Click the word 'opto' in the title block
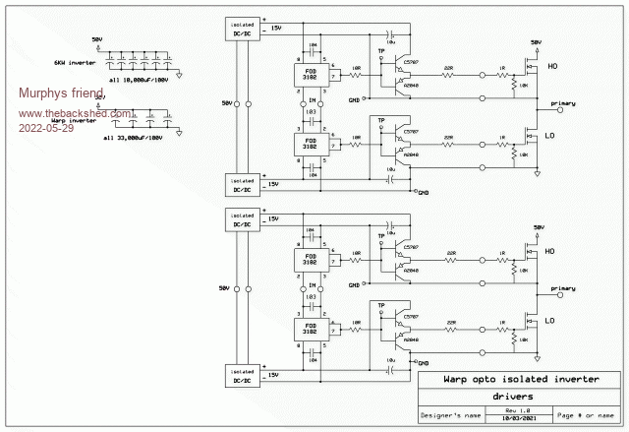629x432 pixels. click(x=486, y=378)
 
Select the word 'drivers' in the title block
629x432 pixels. click(x=513, y=396)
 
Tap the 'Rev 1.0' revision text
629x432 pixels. click(x=517, y=410)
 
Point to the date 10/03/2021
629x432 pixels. click(x=517, y=419)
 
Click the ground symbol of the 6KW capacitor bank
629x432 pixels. click(x=179, y=77)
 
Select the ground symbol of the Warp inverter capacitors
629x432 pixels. click(x=179, y=133)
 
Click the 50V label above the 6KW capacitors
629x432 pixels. click(x=96, y=38)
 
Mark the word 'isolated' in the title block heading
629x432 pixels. click(x=527, y=378)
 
